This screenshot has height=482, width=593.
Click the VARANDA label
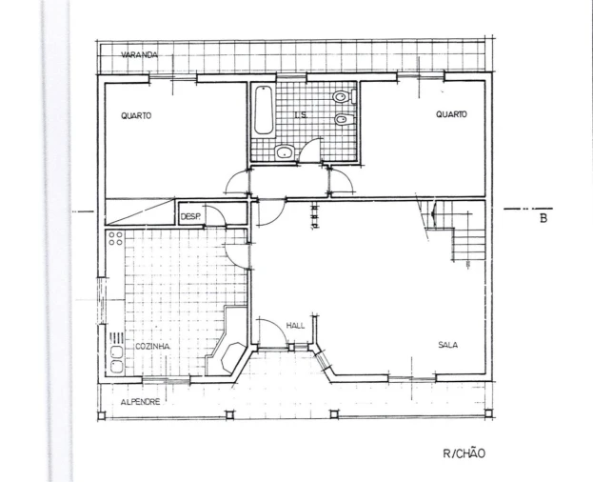coord(139,55)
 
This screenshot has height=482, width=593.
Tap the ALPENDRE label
coord(140,402)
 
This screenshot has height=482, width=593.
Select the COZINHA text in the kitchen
coord(153,347)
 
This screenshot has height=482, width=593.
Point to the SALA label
coord(447,345)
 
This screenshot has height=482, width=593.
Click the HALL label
coord(295,326)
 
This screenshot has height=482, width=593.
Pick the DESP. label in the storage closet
coord(190,217)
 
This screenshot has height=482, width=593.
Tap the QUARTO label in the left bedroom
coord(136,115)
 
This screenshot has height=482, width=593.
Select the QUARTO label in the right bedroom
coord(451,114)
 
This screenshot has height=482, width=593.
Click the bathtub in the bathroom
coord(264,110)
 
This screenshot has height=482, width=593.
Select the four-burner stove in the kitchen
coord(115,238)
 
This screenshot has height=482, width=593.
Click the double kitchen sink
coord(116,359)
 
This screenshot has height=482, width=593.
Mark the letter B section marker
coord(544,218)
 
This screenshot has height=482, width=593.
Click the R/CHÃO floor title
coord(464,453)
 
